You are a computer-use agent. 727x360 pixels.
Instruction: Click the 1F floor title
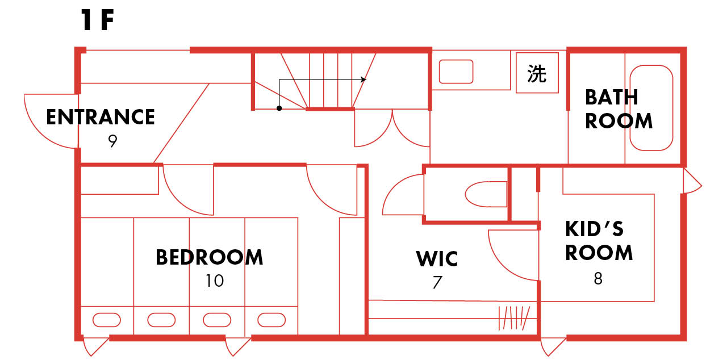pyautogui.click(x=98, y=21)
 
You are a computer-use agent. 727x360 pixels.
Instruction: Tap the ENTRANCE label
pyautogui.click(x=101, y=117)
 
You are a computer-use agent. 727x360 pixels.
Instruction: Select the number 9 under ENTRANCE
pyautogui.click(x=112, y=141)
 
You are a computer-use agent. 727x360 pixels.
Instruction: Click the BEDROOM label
pyautogui.click(x=210, y=257)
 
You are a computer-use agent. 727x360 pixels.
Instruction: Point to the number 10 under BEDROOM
pyautogui.click(x=215, y=281)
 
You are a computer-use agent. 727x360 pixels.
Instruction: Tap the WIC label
pyautogui.click(x=437, y=259)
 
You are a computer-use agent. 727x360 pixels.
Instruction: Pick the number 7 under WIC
pyautogui.click(x=437, y=282)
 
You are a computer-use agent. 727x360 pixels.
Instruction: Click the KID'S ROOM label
pyautogui.click(x=599, y=241)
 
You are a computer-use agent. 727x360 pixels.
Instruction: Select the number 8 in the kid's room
pyautogui.click(x=598, y=279)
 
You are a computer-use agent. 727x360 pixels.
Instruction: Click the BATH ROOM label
pyautogui.click(x=618, y=109)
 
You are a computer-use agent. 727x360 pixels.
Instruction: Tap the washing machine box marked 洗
pyautogui.click(x=537, y=73)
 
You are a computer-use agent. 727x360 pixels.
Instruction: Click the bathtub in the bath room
pyautogui.click(x=651, y=108)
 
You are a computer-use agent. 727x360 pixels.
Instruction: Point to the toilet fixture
pyautogui.click(x=486, y=195)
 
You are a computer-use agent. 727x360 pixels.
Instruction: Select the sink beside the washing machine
pyautogui.click(x=456, y=72)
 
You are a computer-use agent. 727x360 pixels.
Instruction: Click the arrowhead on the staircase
pyautogui.click(x=363, y=79)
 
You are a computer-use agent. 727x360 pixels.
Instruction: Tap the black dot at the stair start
pyautogui.click(x=279, y=108)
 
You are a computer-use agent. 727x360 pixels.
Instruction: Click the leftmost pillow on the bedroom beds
pyautogui.click(x=106, y=320)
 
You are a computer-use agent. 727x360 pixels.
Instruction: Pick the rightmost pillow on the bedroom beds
pyautogui.click(x=271, y=320)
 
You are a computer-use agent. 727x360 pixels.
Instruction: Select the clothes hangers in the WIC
pyautogui.click(x=514, y=318)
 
